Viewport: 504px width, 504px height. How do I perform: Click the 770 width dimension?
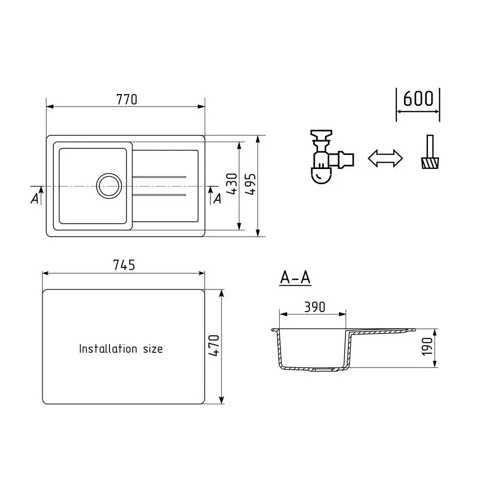tap(127, 100)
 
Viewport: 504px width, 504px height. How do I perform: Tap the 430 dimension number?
tap(232, 183)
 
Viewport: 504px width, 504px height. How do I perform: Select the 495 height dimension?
tap(250, 184)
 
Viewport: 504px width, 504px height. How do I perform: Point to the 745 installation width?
tap(124, 265)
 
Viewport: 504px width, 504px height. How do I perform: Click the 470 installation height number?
tap(214, 345)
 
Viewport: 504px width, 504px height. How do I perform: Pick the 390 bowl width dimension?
tap(315, 307)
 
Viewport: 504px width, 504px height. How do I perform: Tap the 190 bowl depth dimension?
tap(428, 347)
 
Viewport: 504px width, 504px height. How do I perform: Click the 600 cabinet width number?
tap(418, 98)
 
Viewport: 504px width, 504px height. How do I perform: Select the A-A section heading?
tap(295, 277)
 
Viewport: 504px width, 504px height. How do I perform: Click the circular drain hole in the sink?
tap(109, 186)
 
